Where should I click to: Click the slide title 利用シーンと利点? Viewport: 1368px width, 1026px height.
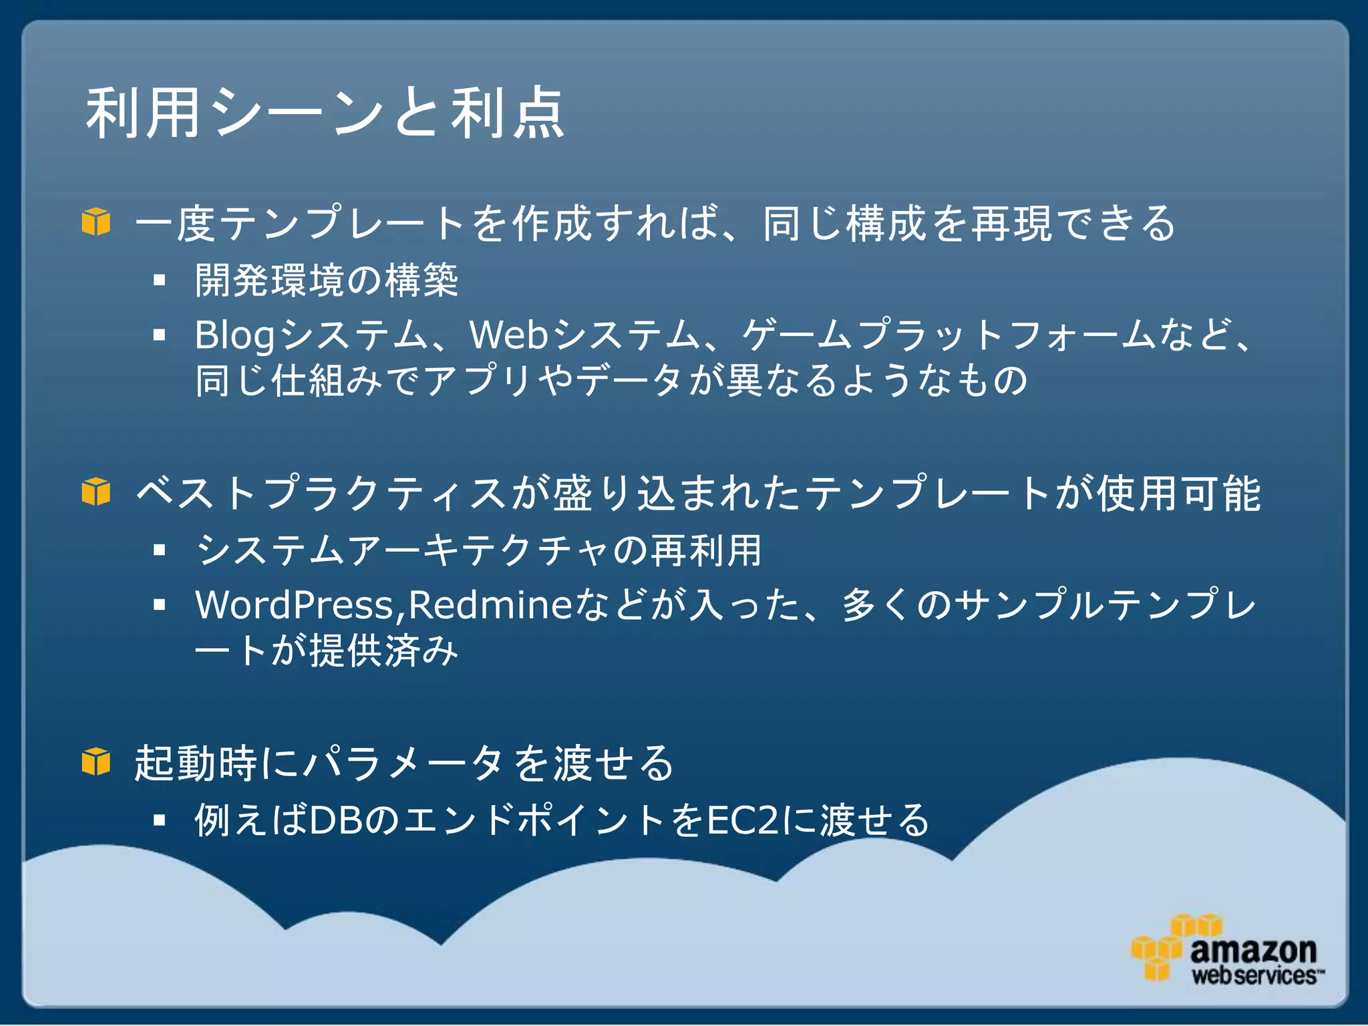325,114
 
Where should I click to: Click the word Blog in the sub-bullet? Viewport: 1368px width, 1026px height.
234,335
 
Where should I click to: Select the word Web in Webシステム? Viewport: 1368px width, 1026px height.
509,335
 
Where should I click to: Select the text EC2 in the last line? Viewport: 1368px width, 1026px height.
743,820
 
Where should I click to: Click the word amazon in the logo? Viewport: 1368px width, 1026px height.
1252,950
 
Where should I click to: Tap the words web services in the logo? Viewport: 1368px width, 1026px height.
1254,976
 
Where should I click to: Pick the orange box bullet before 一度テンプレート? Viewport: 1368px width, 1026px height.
96,222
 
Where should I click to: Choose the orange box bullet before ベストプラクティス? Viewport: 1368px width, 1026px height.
96,492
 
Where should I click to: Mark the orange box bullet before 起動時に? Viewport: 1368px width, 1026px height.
96,762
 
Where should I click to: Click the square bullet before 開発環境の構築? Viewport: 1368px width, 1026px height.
159,281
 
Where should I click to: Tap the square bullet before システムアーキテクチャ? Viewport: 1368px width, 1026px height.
159,550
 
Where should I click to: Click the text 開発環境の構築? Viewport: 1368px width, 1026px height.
326,281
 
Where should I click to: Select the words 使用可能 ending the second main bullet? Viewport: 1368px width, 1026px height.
1179,494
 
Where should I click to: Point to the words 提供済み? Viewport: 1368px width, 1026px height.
383,651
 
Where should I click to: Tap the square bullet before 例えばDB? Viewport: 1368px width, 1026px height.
159,820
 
